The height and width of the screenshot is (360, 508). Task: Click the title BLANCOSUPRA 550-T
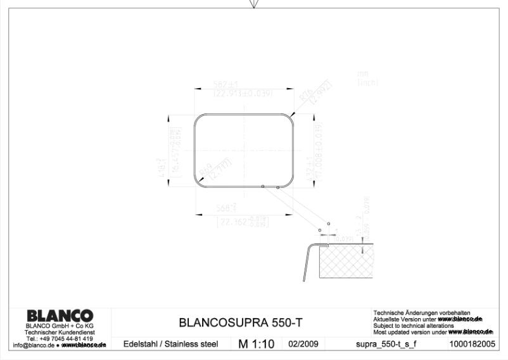pos(241,323)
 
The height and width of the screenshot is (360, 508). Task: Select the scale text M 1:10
pos(256,344)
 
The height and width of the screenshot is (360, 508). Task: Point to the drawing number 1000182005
pos(471,344)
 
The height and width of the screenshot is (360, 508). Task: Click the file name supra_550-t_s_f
pos(387,344)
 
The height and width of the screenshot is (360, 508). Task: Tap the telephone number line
pos(60,339)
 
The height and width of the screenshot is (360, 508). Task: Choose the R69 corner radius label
pos(206,169)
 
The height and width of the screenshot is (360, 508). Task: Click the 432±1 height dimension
pos(310,150)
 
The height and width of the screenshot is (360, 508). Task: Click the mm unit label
pos(362,74)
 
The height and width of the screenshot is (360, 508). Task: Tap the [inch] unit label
pos(367,82)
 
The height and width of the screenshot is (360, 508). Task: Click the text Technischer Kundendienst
pos(60,333)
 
